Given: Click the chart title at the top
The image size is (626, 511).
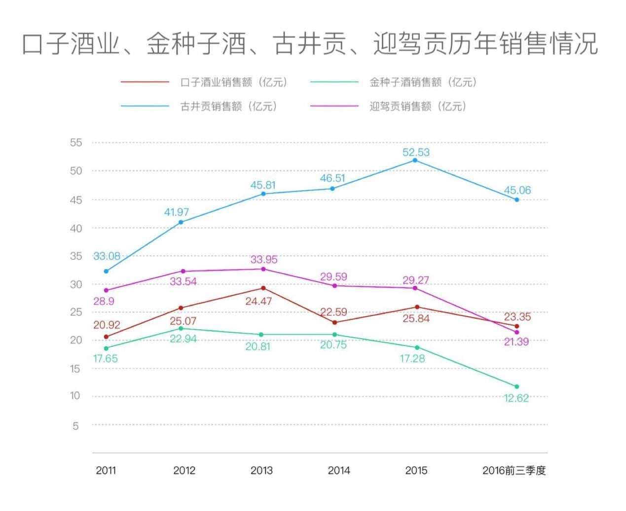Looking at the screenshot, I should pos(310,43).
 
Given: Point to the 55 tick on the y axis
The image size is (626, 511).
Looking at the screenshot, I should pos(76,143).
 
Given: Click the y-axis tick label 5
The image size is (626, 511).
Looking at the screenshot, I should pos(75,426).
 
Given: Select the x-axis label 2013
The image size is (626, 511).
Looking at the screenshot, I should pos(261,471).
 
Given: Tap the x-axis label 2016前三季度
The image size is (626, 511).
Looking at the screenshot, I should pos(514,471).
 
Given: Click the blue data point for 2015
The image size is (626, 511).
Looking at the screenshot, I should pos(415,160).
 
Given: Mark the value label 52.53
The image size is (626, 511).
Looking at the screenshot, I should pos(416,152).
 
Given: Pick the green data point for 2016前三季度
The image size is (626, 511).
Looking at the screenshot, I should pos(517,387).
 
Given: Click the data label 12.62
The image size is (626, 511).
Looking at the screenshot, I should pos(516,398).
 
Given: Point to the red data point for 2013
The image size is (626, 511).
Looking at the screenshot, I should pos(263,288).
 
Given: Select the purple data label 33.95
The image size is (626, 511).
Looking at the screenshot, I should pos(264,259).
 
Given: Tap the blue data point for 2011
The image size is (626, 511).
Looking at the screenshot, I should pos(106,271).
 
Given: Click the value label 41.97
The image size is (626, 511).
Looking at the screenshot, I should pos(177,212).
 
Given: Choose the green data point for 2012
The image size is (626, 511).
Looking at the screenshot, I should pos(181,328).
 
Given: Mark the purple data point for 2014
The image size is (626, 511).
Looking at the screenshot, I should pos(334,286).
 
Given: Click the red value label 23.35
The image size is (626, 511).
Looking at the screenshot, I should pos(517,317).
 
